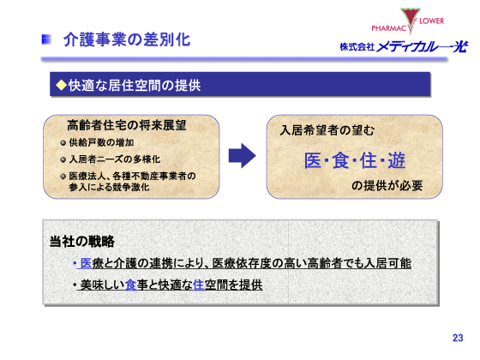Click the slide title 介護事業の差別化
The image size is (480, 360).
tap(127, 39)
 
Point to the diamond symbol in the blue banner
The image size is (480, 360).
tap(61, 85)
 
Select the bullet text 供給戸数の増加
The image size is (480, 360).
tap(101, 142)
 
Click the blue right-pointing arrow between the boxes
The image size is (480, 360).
tap(243, 156)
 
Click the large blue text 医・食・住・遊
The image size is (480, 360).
tap(354, 160)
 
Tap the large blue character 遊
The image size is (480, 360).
tap(395, 160)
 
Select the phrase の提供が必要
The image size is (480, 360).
tap(387, 185)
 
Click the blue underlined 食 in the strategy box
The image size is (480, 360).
tap(130, 284)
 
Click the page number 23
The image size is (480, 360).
tap(457, 338)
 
